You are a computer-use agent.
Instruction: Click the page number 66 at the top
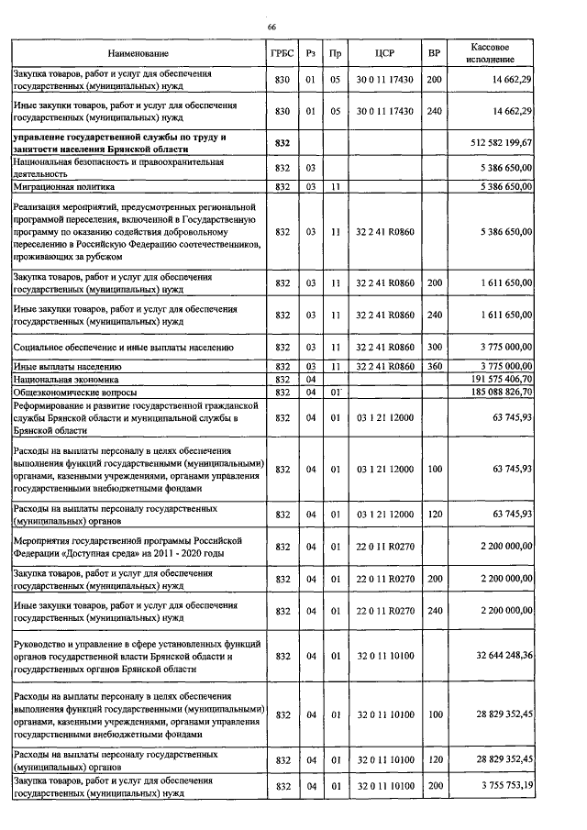point(271,28)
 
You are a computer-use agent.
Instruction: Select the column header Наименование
point(138,54)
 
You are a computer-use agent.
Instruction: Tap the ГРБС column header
point(282,54)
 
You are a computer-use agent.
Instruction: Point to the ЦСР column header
point(384,54)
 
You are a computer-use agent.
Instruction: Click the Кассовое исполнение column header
point(491,53)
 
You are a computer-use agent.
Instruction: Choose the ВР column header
point(434,54)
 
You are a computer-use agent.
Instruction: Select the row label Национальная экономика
point(61,379)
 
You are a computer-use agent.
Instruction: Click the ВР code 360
point(434,366)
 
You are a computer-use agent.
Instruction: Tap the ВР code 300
point(434,348)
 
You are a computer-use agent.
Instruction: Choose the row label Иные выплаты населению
point(61,366)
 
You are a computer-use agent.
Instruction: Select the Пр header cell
point(336,54)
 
